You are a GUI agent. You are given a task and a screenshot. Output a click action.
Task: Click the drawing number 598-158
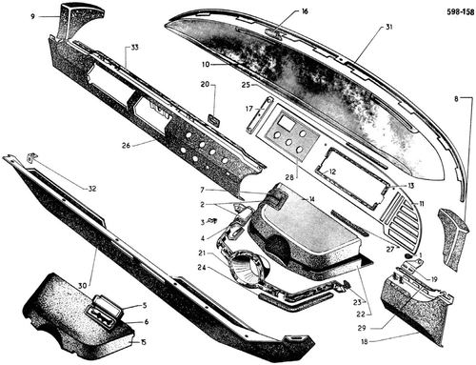(460, 12)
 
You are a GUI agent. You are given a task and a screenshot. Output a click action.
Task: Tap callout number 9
(32, 16)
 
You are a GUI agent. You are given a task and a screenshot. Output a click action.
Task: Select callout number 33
(134, 48)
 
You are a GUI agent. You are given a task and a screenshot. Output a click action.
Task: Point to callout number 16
(305, 11)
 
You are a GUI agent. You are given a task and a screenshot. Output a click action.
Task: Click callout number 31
(388, 27)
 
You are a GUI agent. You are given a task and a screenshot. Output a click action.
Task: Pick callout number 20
(206, 84)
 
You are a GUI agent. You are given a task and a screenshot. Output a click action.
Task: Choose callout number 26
(126, 146)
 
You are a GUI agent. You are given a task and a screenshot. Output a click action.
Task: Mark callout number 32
(92, 189)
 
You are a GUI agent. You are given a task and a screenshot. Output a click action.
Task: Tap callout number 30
(82, 286)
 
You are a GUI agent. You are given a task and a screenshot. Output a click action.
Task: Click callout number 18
(365, 342)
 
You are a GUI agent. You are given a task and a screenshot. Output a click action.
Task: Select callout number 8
(456, 99)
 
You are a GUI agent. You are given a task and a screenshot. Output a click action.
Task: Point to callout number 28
(289, 177)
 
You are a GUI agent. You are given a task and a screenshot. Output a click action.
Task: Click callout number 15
(144, 342)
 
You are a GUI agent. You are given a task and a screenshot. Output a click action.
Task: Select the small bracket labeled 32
(31, 157)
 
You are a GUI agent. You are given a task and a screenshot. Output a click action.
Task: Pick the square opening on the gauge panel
(286, 123)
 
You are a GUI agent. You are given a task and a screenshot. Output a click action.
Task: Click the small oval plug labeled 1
(408, 254)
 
